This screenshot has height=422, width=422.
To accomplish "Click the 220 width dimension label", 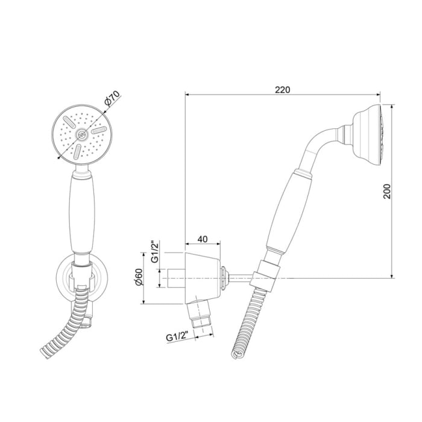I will pyautogui.click(x=282, y=89).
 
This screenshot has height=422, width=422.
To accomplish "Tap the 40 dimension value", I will pyautogui.click(x=203, y=239).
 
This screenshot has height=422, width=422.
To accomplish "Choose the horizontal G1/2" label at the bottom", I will pyautogui.click(x=175, y=338).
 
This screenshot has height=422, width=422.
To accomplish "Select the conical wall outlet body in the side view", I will pyautogui.click(x=202, y=277).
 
